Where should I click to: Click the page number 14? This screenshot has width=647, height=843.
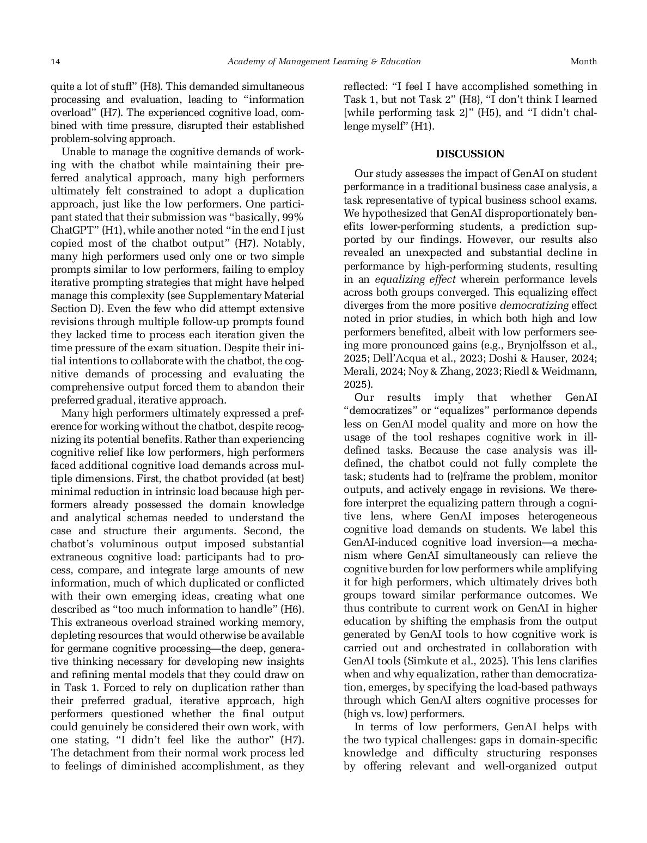pos(55,62)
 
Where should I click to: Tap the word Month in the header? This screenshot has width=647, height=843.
pos(583,62)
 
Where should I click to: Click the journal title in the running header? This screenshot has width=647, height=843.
pos(323,62)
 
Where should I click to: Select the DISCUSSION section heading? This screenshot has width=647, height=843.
pos(470,154)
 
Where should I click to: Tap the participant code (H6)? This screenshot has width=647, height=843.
pos(292,609)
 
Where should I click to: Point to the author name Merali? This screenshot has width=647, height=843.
pos(359,371)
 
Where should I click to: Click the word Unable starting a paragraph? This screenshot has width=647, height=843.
pos(77,152)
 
